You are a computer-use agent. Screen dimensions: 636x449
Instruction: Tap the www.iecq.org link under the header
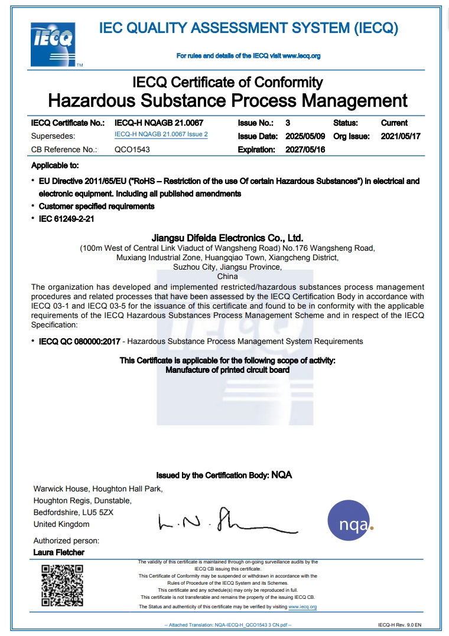point(301,56)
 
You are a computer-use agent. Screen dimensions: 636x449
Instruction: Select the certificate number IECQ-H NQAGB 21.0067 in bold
point(159,123)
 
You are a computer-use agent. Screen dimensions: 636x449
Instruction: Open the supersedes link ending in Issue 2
point(161,135)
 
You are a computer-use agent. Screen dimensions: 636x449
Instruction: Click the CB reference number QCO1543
point(132,150)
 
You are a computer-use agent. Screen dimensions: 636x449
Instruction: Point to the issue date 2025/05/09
point(305,136)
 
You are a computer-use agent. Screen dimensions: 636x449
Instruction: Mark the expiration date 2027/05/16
point(305,150)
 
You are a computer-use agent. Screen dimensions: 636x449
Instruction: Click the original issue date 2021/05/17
point(401,136)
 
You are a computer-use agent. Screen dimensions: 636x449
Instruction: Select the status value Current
point(394,123)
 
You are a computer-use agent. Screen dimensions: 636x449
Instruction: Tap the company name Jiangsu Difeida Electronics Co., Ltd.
point(227,238)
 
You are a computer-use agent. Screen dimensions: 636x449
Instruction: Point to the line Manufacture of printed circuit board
point(227,370)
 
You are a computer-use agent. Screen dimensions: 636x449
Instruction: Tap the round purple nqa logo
point(350,521)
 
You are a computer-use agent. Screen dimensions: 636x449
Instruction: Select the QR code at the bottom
point(61,585)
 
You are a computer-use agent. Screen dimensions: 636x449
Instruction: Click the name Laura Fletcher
point(59,553)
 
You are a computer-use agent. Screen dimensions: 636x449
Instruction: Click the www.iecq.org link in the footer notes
point(302,607)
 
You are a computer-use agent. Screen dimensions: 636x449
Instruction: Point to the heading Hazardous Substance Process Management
point(227,100)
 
